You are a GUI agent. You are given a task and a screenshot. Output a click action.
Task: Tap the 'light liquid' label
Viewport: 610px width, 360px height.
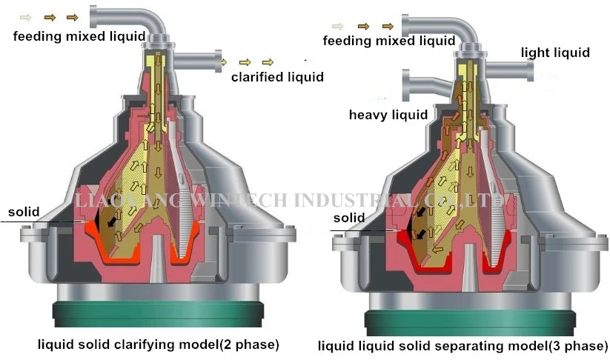click(554, 53)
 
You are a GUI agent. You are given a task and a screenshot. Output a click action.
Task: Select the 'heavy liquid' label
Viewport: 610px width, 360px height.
click(388, 115)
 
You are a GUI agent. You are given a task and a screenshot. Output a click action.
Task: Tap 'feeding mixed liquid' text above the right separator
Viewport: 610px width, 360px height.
click(388, 41)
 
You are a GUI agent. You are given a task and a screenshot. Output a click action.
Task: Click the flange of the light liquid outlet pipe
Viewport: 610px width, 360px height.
click(531, 72)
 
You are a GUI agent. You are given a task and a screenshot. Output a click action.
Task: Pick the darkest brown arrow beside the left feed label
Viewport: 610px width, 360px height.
click(72, 17)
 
